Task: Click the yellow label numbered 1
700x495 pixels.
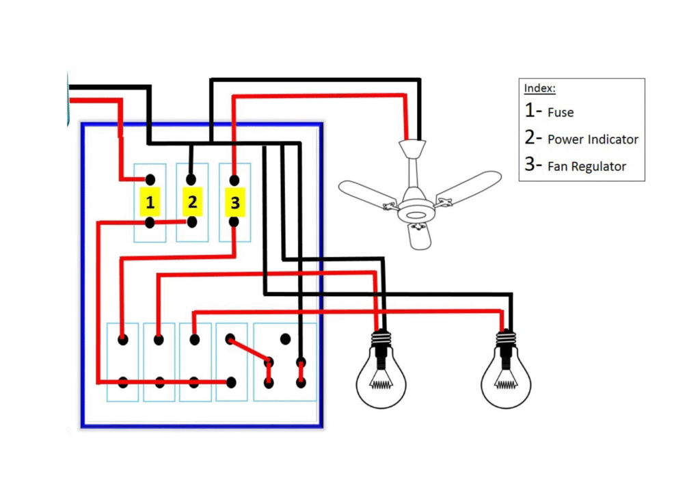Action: pos(150,202)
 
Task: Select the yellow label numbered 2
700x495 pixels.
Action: pos(192,202)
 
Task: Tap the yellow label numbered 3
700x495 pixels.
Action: pos(234,202)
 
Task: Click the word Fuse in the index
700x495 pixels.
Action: pos(561,113)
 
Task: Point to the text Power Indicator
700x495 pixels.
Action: pos(593,139)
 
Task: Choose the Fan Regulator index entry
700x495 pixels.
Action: pos(587,166)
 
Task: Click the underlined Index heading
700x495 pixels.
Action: pos(539,89)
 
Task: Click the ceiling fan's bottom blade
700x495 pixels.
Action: pos(418,235)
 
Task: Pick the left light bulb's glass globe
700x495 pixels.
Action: pos(381,382)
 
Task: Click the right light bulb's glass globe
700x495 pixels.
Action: pos(506,382)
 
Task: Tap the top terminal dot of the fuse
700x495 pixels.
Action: pos(150,180)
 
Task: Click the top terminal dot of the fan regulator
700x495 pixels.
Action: pos(234,180)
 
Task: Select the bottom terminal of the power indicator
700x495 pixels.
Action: pos(192,222)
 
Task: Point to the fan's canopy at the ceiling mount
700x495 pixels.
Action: pos(412,148)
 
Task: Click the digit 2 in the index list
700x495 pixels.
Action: pos(532,137)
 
